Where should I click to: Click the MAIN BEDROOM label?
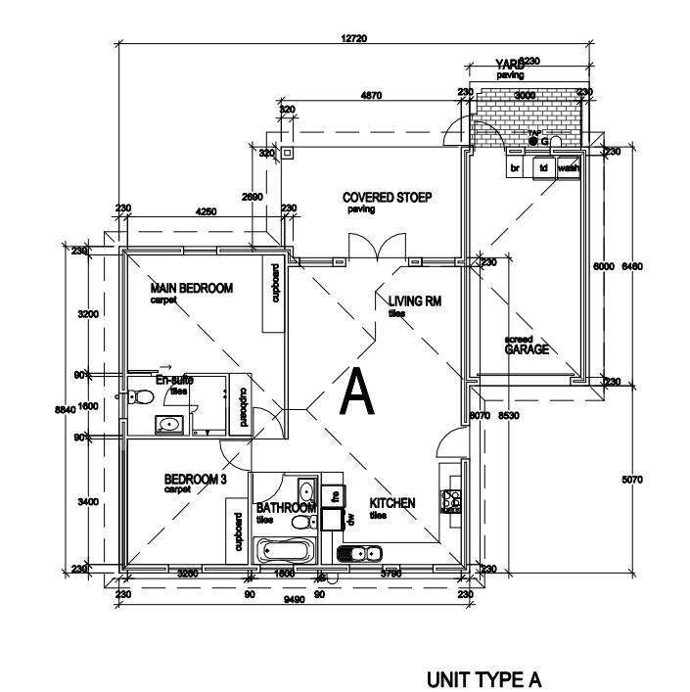191,289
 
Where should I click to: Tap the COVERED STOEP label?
387,197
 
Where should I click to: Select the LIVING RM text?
415,301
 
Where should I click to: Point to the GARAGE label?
526,349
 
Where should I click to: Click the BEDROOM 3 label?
195,479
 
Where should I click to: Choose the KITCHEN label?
391,503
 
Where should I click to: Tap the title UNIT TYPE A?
483,680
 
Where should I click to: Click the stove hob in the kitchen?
451,500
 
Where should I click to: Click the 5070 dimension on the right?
632,480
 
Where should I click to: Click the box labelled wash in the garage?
568,167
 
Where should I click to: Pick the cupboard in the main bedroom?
275,297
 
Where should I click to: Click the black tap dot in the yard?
533,142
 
